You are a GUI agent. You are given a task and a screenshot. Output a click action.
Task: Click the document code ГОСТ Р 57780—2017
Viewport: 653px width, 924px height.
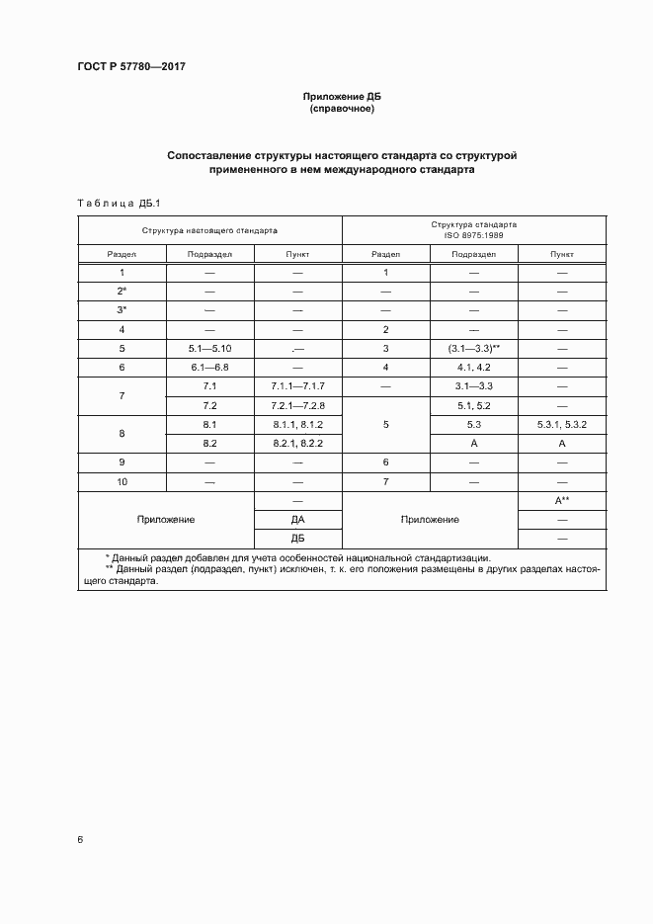pyautogui.click(x=131, y=67)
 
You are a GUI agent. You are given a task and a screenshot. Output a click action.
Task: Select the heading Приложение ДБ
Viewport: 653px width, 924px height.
pyautogui.click(x=342, y=97)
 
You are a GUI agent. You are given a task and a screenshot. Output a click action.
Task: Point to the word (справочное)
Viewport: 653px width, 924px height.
pyautogui.click(x=342, y=109)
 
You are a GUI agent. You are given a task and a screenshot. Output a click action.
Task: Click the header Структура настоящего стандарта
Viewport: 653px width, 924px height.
pyautogui.click(x=209, y=229)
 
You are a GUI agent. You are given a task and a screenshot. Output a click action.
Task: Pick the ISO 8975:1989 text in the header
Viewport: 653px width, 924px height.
pyautogui.click(x=474, y=235)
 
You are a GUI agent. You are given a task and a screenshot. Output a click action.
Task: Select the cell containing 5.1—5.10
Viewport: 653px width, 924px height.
pyautogui.click(x=209, y=348)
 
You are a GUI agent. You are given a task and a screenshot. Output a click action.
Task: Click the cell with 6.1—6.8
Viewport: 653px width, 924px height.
pyautogui.click(x=209, y=367)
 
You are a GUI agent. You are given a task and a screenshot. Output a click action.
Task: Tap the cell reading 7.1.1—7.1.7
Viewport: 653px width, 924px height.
pyautogui.click(x=297, y=385)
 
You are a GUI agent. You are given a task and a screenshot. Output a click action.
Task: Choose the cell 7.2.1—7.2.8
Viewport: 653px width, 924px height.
pyautogui.click(x=297, y=405)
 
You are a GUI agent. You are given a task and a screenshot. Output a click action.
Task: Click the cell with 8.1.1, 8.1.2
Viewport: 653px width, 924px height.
pyautogui.click(x=297, y=424)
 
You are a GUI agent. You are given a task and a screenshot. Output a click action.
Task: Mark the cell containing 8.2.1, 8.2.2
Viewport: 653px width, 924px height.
pyautogui.click(x=297, y=444)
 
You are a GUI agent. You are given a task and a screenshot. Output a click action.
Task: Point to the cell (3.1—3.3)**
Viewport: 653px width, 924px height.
pyautogui.click(x=474, y=348)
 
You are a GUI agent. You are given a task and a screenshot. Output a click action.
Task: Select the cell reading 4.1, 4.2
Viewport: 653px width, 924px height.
pyautogui.click(x=474, y=367)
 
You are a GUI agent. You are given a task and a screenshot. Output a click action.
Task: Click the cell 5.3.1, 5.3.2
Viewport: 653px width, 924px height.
pyautogui.click(x=562, y=424)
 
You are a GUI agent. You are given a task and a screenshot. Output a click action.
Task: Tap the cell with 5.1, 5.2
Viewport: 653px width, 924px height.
pyautogui.click(x=474, y=405)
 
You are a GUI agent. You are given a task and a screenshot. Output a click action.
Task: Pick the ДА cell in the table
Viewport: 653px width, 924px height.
pyautogui.click(x=297, y=519)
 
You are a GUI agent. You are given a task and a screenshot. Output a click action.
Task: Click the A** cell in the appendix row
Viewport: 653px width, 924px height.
pyautogui.click(x=562, y=500)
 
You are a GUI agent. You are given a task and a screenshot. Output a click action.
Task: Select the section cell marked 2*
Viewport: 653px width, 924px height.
pyautogui.click(x=122, y=291)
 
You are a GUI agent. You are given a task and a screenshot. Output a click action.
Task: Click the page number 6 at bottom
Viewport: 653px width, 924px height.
pyautogui.click(x=79, y=840)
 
